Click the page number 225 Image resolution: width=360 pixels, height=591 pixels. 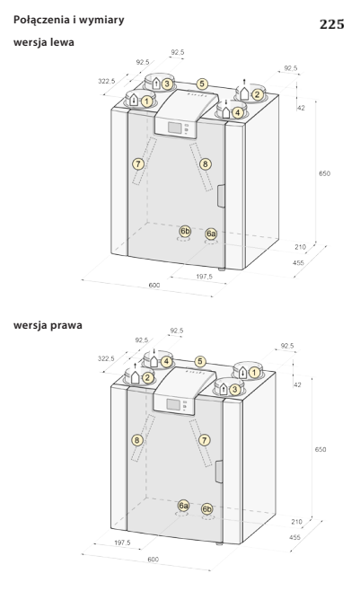[332, 24]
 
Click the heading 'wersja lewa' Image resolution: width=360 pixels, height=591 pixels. [44, 42]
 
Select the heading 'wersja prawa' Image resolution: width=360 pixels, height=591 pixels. [48, 325]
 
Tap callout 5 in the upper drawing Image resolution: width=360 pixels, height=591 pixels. [202, 84]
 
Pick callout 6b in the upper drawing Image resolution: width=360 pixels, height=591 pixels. [185, 231]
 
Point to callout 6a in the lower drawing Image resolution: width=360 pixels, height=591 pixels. [183, 506]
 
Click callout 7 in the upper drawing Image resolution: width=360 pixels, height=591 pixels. [138, 164]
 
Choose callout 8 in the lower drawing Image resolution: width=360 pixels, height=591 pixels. [137, 440]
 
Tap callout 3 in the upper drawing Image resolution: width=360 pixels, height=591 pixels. [167, 84]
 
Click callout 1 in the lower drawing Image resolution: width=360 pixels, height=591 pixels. [255, 373]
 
